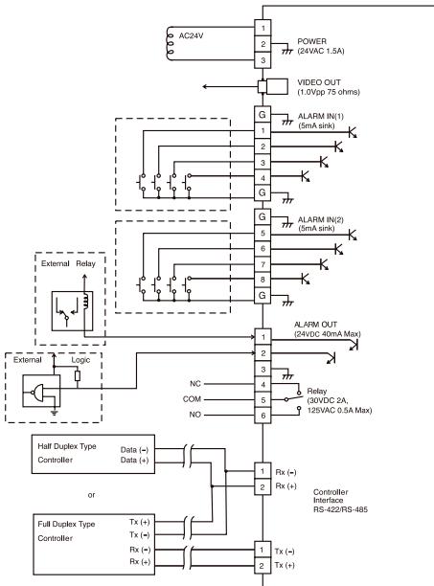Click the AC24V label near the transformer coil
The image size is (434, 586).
pos(191,35)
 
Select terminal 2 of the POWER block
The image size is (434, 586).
pos(263,44)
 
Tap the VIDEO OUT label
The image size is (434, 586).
pos(319,82)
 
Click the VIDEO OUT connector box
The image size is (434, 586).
pos(273,86)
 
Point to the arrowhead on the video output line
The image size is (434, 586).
pos(205,87)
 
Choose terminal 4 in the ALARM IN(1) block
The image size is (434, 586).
pos(263,177)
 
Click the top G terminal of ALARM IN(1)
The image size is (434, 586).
pos(263,114)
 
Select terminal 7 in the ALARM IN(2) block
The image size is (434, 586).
pos(263,264)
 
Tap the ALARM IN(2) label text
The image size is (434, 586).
pos(320,220)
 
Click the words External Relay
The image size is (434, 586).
pos(68,263)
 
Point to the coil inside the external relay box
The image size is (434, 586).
pos(86,301)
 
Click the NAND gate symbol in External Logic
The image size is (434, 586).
pos(37,393)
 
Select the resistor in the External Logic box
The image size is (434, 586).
pos(78,375)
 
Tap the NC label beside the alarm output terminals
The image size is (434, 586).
pos(195,384)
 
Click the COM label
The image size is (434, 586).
pos(192,399)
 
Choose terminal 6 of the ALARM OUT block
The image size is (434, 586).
pos(263,416)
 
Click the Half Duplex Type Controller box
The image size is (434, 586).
pos(93,454)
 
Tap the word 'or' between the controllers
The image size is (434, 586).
pos(91,495)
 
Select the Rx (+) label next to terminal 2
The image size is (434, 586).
pos(286,485)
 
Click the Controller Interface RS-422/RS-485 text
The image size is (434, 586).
pos(340,501)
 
